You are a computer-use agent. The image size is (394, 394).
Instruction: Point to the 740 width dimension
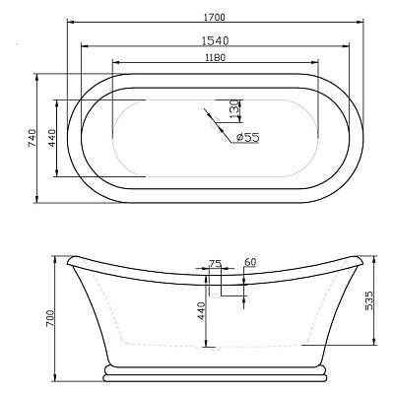(x=32, y=138)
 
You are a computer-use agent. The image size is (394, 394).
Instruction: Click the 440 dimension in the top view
(x=52, y=138)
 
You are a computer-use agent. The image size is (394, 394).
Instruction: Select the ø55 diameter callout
(x=246, y=137)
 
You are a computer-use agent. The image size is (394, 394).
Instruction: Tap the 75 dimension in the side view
(x=215, y=264)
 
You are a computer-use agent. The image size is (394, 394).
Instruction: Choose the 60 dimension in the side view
(x=249, y=262)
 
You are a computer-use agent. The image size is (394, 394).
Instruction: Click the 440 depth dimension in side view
(x=199, y=311)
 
